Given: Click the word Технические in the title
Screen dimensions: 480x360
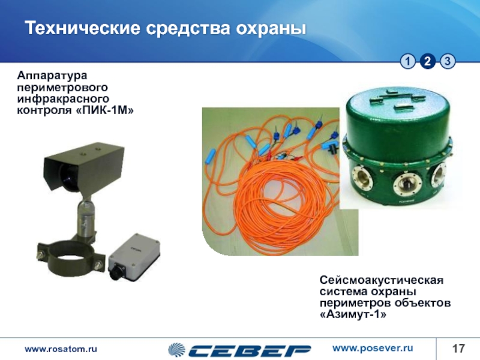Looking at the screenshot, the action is [x=83, y=28].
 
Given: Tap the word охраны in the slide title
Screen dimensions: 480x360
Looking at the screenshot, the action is [x=271, y=29].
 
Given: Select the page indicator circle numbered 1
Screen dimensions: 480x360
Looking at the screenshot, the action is [x=408, y=62].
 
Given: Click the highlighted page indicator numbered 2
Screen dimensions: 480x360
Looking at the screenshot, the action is [x=428, y=62].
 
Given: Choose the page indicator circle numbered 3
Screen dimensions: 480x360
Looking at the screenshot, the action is [x=448, y=62].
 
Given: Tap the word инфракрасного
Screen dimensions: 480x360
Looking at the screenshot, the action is [x=63, y=98].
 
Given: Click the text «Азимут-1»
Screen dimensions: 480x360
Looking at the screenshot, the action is [x=353, y=314].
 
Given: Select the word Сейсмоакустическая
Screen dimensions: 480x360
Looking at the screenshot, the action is [x=382, y=280].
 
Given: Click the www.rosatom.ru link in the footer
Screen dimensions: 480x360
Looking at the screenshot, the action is [x=61, y=349].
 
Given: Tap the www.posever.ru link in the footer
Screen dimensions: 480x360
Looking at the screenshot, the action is [x=373, y=349].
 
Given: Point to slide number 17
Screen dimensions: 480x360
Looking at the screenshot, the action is [x=458, y=349].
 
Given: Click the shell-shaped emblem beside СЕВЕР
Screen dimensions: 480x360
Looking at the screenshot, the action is [x=176, y=350].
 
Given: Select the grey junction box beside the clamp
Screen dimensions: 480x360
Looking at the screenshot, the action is [x=134, y=257].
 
